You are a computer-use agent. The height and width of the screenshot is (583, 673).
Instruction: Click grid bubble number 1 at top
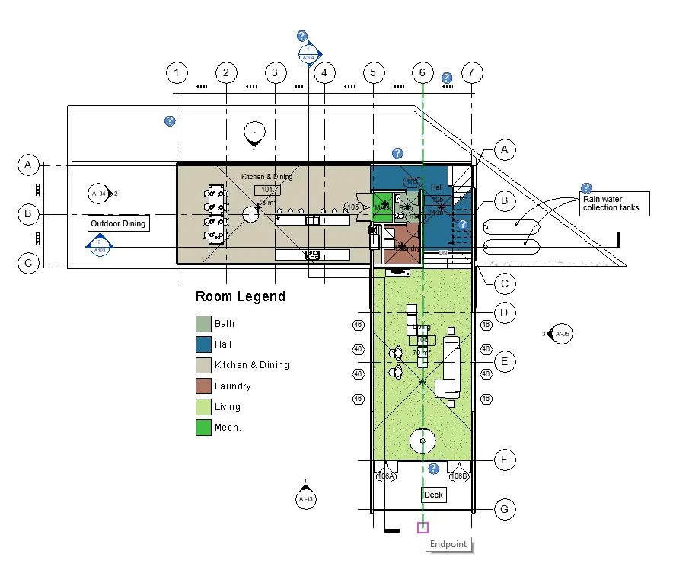(177, 73)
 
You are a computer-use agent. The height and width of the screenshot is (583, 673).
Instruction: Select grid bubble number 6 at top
(422, 73)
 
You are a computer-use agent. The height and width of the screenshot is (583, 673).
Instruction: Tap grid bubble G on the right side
(503, 508)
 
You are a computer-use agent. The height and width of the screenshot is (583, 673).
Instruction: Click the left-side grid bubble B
(27, 215)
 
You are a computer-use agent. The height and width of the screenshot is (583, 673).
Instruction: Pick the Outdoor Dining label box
(117, 224)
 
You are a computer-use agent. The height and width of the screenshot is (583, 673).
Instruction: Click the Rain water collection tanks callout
(614, 203)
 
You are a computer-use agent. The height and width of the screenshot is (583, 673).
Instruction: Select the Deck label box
(433, 495)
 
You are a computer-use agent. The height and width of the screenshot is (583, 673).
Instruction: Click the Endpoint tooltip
(448, 544)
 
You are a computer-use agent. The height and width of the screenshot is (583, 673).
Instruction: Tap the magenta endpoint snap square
(423, 527)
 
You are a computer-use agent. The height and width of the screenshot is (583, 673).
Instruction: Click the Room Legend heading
(240, 296)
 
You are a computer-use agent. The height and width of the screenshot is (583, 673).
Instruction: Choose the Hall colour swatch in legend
(203, 344)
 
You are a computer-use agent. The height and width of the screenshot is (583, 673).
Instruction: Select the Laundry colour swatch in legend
(203, 386)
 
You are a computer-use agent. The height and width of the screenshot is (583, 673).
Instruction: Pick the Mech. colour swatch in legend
(203, 428)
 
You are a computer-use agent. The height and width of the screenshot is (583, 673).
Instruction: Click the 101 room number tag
(266, 190)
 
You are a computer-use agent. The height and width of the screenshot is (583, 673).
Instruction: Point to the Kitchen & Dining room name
(266, 177)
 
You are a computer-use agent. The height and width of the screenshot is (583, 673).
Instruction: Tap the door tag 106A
(386, 476)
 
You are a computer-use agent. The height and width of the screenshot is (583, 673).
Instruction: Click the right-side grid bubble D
(503, 312)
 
